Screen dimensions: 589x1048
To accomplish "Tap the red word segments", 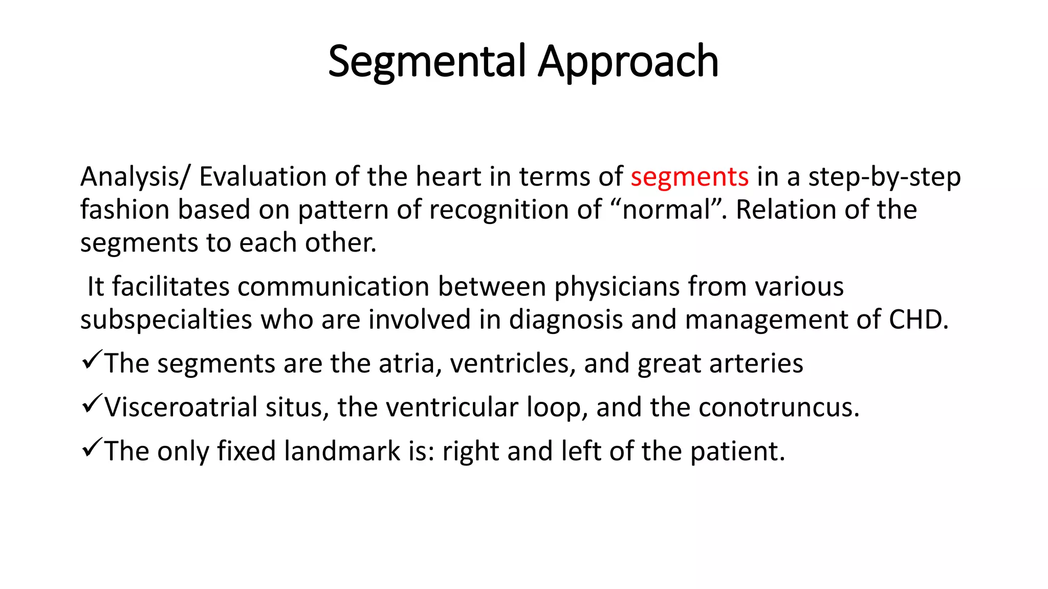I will coord(689,177).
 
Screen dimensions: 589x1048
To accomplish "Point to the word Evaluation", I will coord(263,177).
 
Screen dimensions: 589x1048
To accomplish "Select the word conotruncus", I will coord(778,407).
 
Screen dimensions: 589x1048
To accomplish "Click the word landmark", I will coord(342,451).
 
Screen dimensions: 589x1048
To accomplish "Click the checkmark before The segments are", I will coord(92,360).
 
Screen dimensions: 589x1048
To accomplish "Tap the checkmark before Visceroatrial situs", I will coord(92,404).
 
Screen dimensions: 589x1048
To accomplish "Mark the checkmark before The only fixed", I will coord(92,448).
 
